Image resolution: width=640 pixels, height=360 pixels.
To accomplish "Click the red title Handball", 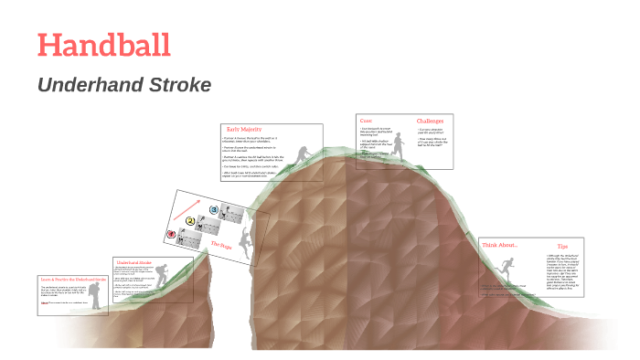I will [102, 45].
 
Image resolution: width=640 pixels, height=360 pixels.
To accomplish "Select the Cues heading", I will [366, 121].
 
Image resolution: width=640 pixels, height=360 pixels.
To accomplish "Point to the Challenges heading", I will [430, 121].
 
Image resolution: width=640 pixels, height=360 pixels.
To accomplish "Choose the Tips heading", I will [562, 246].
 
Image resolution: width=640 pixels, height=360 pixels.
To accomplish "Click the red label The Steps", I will [223, 245].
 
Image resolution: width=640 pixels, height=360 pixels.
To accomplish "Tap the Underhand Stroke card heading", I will [133, 262].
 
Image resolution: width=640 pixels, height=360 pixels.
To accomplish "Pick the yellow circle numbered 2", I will [190, 220].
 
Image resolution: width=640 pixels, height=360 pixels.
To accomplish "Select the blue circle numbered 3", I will [213, 209].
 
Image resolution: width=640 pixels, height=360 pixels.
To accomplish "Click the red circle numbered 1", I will [170, 234].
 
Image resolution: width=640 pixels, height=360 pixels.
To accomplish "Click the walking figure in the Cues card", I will [398, 146].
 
